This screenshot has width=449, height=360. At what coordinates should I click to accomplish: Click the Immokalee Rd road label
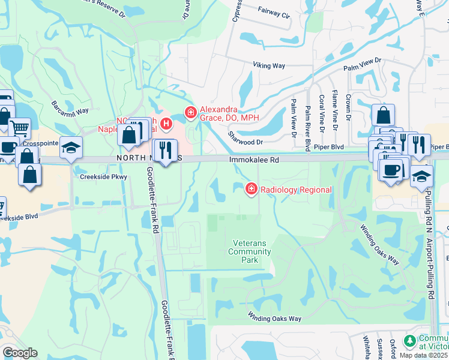255,160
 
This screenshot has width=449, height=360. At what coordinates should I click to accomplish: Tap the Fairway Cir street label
274,11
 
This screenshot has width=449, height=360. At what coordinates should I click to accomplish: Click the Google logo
20,353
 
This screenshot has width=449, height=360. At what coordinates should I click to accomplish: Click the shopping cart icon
20,127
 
